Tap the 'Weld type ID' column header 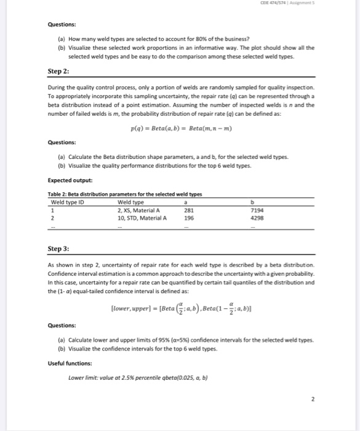pyautogui.click(x=66, y=202)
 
